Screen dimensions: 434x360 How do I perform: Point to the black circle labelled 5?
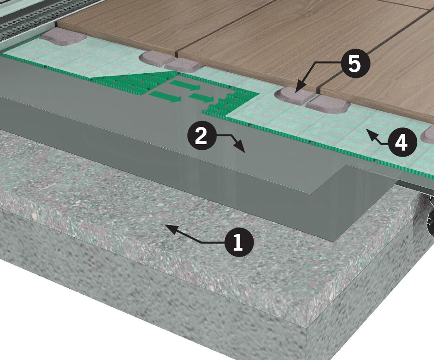click(355, 64)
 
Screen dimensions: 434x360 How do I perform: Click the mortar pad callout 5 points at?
click(294, 95)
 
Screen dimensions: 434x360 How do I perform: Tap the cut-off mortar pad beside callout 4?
click(428, 136)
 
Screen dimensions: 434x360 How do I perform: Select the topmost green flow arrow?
click(185, 85)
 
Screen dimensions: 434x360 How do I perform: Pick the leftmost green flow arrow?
click(165, 96)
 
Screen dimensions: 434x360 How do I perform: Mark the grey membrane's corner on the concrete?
click(335, 240)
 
